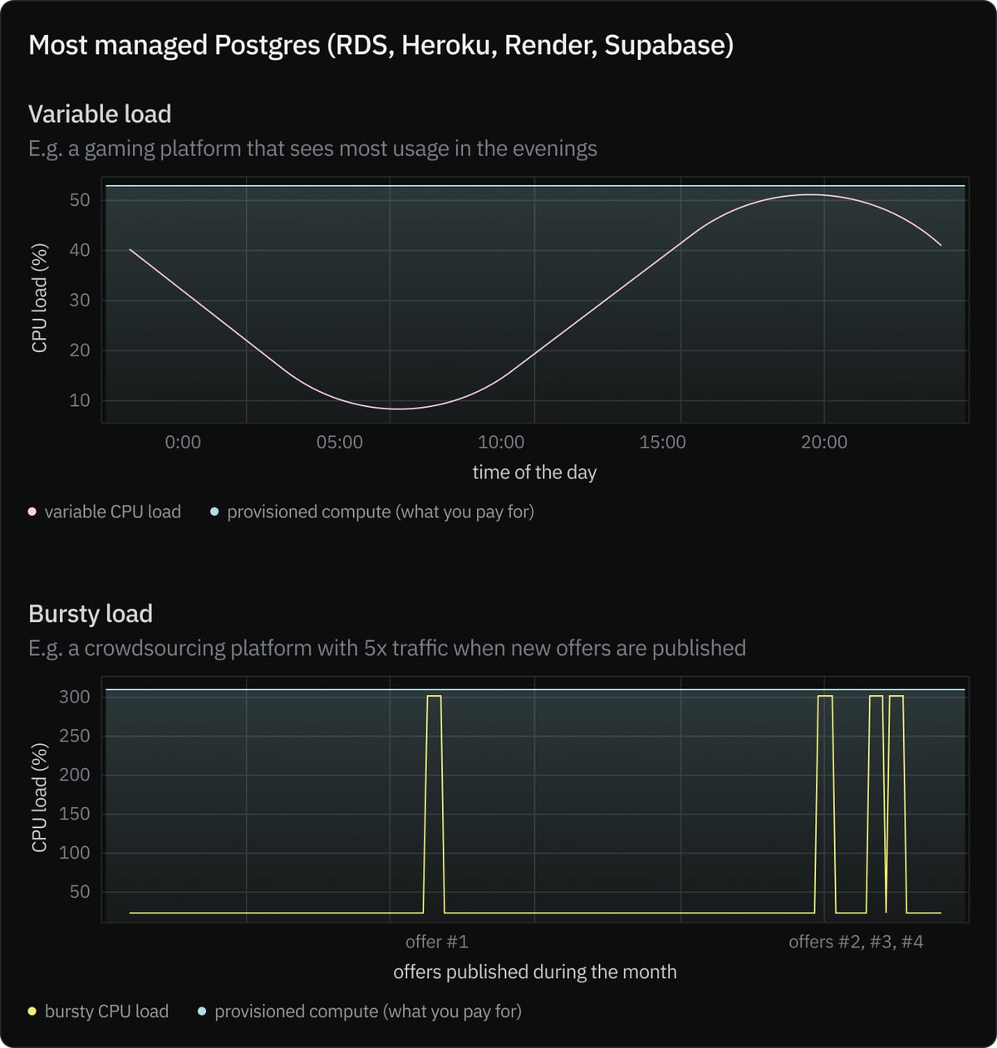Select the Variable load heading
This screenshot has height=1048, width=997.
pyautogui.click(x=100, y=114)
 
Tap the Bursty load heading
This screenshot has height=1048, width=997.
pyautogui.click(x=91, y=614)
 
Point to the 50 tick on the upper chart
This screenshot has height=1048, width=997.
pyautogui.click(x=80, y=200)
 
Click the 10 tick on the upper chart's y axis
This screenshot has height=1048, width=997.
pyautogui.click(x=80, y=400)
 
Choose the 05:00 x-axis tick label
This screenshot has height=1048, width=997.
pyautogui.click(x=339, y=442)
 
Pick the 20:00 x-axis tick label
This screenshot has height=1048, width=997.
pyautogui.click(x=824, y=442)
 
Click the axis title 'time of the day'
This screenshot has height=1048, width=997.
pyautogui.click(x=534, y=473)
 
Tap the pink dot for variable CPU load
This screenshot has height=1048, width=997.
pyautogui.click(x=32, y=512)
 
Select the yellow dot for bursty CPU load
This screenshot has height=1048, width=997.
pyautogui.click(x=32, y=1011)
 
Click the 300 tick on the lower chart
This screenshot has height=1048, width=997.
pyautogui.click(x=75, y=697)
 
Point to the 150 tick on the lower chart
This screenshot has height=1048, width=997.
pyautogui.click(x=75, y=814)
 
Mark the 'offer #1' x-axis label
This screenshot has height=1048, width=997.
pyautogui.click(x=436, y=942)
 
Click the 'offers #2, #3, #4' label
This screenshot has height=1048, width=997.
pyautogui.click(x=856, y=942)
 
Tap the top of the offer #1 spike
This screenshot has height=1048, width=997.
pyautogui.click(x=434, y=696)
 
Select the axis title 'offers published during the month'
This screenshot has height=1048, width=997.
pyautogui.click(x=534, y=972)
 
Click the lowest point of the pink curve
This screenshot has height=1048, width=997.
pyautogui.click(x=400, y=409)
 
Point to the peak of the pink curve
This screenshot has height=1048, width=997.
pyautogui.click(x=811, y=195)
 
